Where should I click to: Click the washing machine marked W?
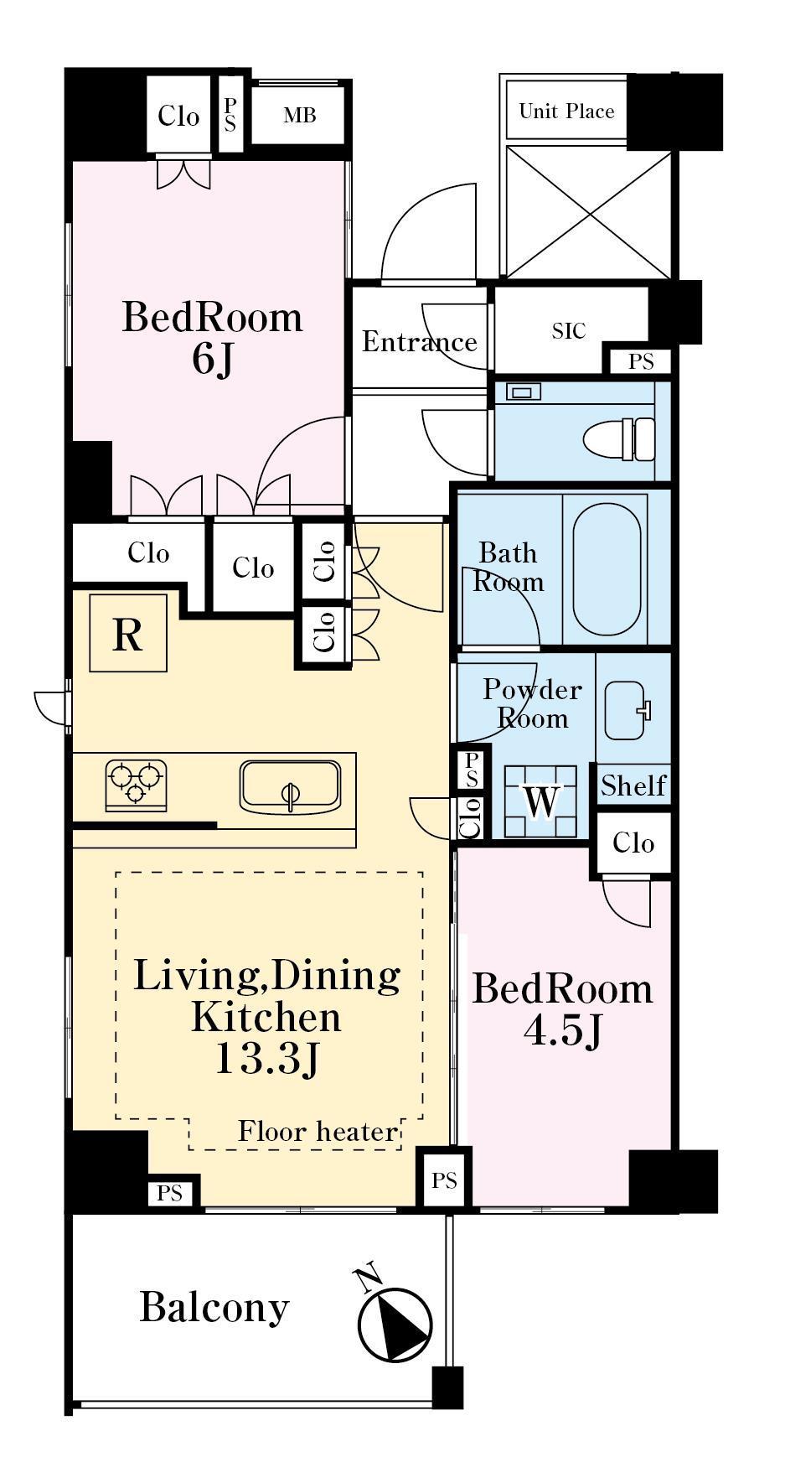(540, 801)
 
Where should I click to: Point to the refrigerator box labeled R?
(128, 633)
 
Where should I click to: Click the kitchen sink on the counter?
(290, 786)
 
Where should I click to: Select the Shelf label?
(633, 786)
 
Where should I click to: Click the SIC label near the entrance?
(569, 331)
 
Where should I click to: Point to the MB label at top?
(299, 116)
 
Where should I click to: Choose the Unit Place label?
(566, 111)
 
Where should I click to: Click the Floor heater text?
(318, 1132)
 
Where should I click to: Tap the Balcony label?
(214, 1307)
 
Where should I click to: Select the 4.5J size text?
(563, 1031)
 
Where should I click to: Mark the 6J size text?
(212, 359)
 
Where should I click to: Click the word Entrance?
(420, 341)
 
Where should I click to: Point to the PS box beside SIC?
(641, 362)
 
